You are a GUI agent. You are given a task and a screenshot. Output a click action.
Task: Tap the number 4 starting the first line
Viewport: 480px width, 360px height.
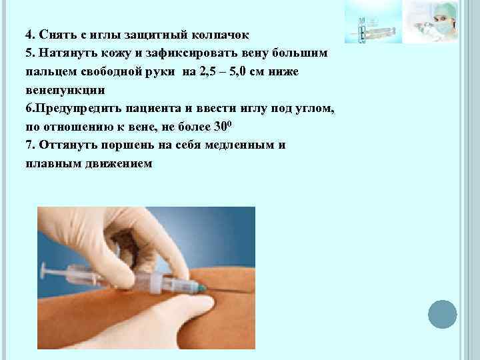click(x=29, y=34)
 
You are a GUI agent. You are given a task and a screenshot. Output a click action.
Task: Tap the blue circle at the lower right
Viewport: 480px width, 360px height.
click(x=442, y=315)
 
